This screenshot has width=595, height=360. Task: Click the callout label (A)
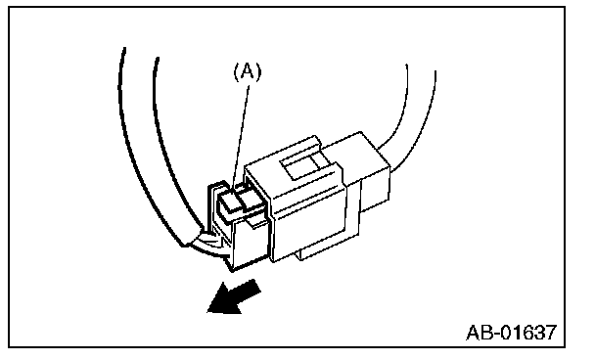[x=248, y=72]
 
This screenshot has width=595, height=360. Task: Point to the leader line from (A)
[x=241, y=138]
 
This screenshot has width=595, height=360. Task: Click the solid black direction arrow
[x=234, y=297]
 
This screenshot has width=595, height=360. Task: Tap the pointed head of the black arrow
[x=207, y=313]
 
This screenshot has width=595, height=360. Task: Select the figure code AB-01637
[x=512, y=333]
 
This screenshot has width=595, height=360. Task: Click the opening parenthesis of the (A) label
[x=236, y=72]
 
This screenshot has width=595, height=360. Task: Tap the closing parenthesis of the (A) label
[x=258, y=72]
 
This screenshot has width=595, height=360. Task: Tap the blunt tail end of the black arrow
[x=255, y=287]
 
